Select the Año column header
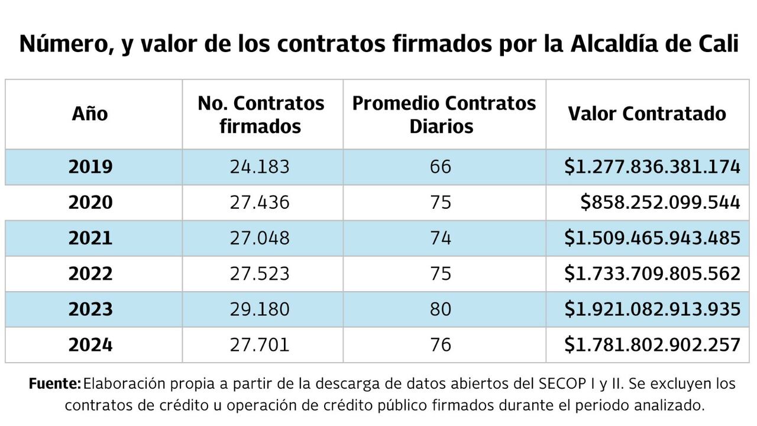pos(90,114)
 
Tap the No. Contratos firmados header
pos(261,114)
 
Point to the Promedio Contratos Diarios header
pos(444,114)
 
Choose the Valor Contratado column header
pos(647,114)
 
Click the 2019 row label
pos(90,167)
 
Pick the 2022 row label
pos(90,273)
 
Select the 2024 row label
pos(90,344)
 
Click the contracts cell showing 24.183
pos(260,167)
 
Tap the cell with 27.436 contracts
pos(260,202)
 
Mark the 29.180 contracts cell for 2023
pos(260,309)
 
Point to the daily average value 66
pos(441,167)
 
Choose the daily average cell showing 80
pos(441,309)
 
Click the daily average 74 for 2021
pos(441,238)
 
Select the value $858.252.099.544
pos(660,202)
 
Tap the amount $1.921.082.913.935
pos(652,309)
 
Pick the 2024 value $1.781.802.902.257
pos(652,344)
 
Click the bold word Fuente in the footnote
pos(54,384)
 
